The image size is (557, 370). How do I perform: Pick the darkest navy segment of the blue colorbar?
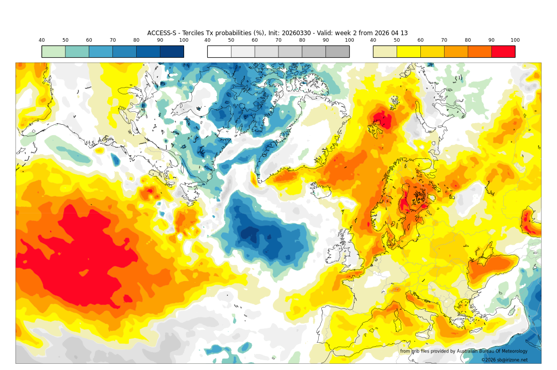click(x=172, y=52)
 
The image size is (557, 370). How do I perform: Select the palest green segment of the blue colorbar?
click(x=54, y=52)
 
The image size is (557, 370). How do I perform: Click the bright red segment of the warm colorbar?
click(x=503, y=52)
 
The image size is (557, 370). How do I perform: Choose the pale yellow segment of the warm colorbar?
click(x=385, y=52)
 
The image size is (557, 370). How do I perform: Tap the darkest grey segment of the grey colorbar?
click(x=337, y=52)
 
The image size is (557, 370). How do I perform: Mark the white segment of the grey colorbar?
click(x=219, y=52)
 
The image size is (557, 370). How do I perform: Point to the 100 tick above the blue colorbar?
click(x=184, y=40)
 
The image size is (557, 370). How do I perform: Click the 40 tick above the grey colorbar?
click(x=207, y=40)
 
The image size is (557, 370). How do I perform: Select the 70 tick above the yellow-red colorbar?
click(x=444, y=40)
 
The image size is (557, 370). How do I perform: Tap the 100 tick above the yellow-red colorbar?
click(x=515, y=40)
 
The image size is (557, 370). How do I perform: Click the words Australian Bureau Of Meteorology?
click(x=492, y=351)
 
